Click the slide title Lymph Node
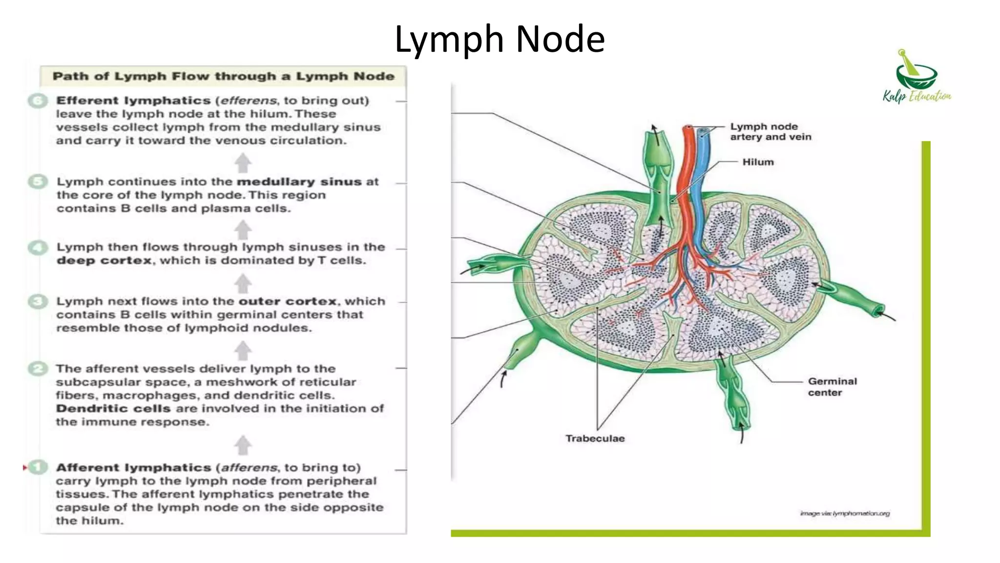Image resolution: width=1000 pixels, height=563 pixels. click(500, 39)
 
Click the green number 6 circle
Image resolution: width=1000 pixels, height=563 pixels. click(38, 101)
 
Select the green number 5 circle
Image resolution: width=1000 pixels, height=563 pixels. click(38, 182)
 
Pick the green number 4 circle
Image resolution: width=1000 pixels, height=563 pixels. click(38, 247)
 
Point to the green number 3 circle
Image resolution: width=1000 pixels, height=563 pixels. click(38, 302)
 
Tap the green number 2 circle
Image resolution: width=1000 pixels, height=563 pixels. click(38, 368)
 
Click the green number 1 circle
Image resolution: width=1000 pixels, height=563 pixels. click(38, 467)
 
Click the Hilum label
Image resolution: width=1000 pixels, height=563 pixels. click(758, 162)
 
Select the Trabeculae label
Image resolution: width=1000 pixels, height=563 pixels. click(595, 438)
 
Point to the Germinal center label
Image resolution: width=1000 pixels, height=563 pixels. click(832, 387)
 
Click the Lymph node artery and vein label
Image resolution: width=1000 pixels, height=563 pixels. click(770, 132)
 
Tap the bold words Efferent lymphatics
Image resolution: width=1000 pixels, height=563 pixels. click(133, 101)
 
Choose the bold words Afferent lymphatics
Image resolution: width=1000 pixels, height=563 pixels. click(133, 468)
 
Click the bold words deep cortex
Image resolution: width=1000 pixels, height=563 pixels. click(104, 260)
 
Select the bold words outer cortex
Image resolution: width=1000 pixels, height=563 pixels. click(288, 302)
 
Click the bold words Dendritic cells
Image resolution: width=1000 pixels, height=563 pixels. click(113, 409)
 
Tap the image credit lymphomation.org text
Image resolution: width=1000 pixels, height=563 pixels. click(845, 513)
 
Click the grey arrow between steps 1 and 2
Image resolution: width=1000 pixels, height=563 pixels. click(243, 445)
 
